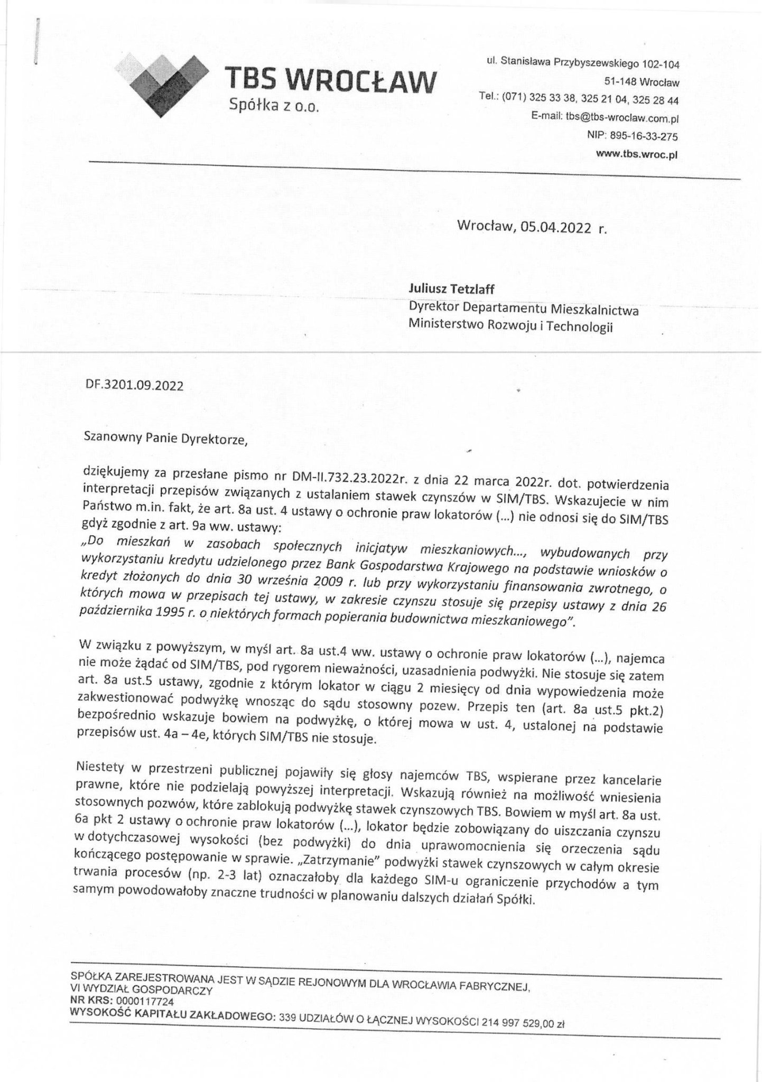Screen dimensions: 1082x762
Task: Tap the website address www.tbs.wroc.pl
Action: pos(636,154)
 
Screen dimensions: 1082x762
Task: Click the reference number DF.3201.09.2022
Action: pos(134,386)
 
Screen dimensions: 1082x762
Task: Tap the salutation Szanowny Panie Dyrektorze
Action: pos(165,439)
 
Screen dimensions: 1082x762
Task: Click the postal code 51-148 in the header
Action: pos(621,83)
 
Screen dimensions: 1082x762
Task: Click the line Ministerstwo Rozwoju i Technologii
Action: pos(510,326)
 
